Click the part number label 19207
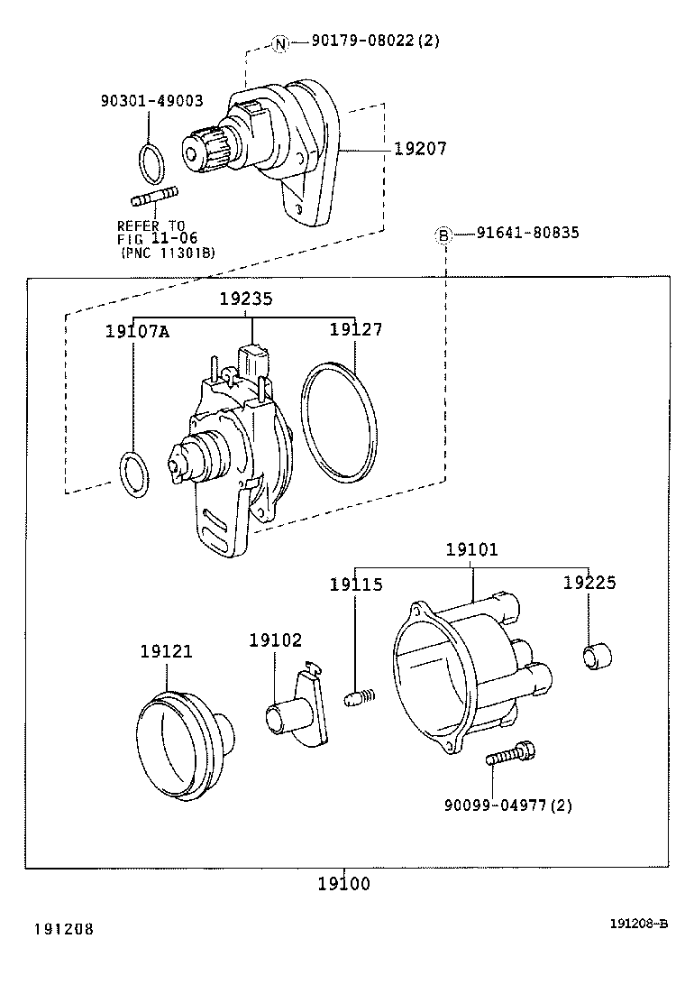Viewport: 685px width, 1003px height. [x=420, y=148]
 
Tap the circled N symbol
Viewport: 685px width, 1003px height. [x=280, y=42]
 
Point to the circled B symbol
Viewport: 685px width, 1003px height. [x=443, y=235]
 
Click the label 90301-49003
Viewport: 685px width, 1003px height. [x=151, y=102]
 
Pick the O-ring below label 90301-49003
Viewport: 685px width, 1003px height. [x=152, y=162]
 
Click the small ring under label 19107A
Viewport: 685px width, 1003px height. [x=133, y=472]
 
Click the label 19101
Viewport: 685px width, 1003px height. [x=471, y=548]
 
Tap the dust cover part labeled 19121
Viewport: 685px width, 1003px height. [x=183, y=745]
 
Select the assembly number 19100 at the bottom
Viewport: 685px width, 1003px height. [x=343, y=884]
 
